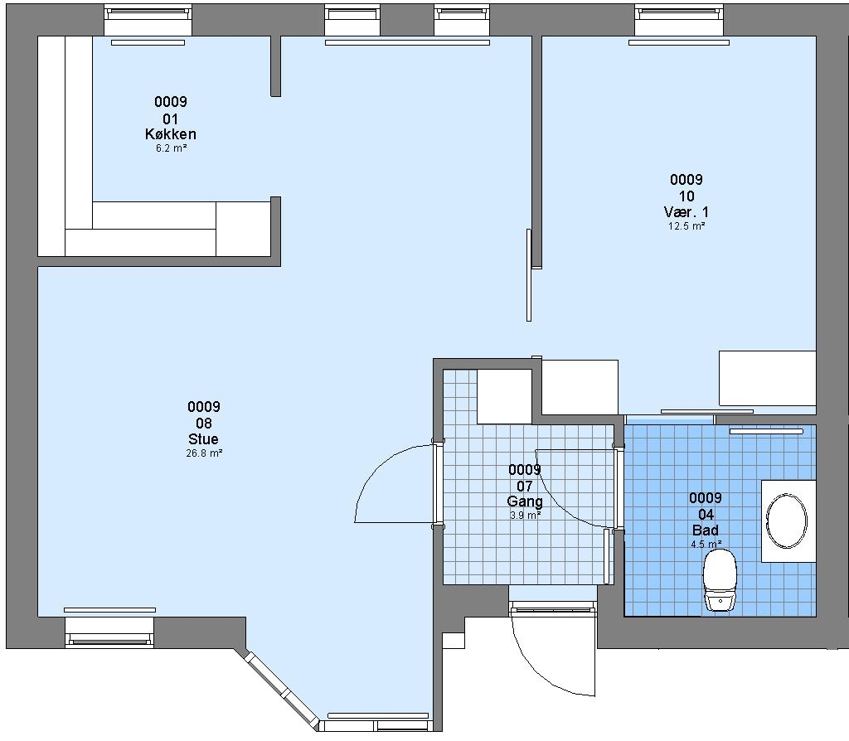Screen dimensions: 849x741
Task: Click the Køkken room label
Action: [171, 134]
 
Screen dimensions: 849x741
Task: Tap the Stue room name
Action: [204, 439]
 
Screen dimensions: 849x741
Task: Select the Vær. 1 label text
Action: [686, 212]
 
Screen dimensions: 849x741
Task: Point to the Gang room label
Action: [524, 501]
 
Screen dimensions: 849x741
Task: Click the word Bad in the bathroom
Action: [706, 530]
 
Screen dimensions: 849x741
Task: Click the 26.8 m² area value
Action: [204, 453]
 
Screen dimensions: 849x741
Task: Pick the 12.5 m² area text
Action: [686, 226]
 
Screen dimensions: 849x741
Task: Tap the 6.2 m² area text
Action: [171, 148]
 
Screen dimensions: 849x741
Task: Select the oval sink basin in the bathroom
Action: [786, 521]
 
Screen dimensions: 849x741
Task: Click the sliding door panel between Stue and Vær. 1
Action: [529, 275]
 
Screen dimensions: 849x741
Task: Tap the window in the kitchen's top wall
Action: [148, 21]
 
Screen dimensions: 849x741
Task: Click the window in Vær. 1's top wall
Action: [679, 21]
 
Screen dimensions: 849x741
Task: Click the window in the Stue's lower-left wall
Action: [109, 632]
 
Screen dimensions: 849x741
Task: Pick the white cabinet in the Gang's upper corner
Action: [504, 397]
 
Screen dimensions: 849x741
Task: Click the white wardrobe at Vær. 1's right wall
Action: [767, 378]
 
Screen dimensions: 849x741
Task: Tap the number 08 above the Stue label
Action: [204, 424]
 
